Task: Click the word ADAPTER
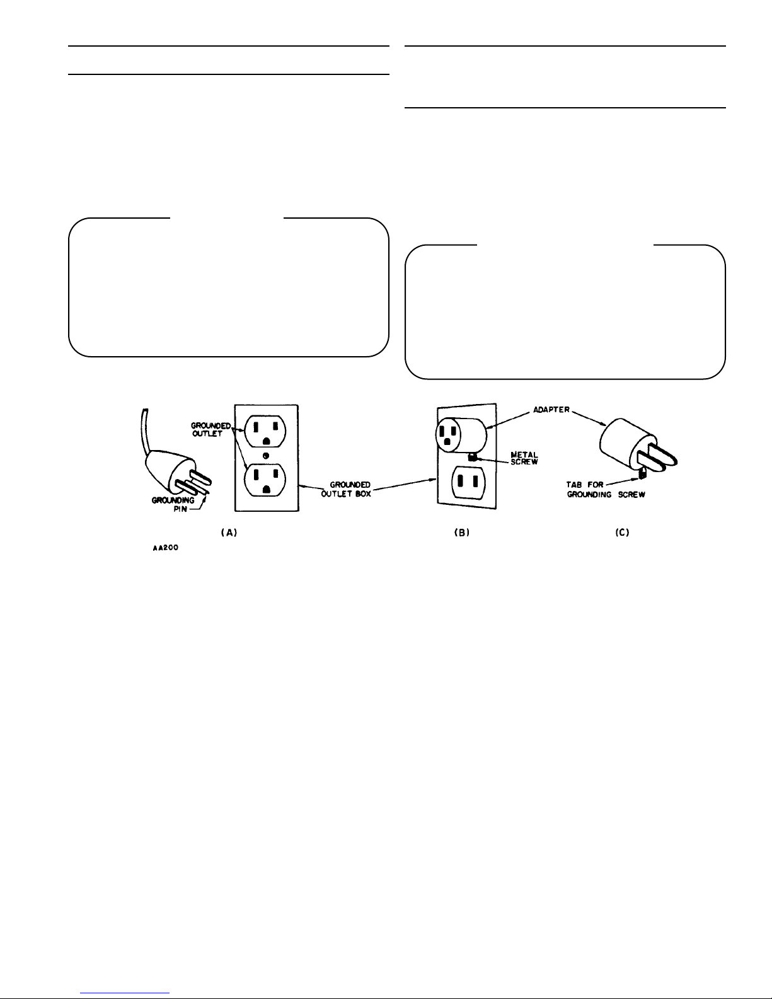tap(551, 410)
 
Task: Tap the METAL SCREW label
tap(524, 458)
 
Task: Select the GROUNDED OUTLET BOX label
tap(346, 489)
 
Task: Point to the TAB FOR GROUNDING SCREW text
tap(606, 490)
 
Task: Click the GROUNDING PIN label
tap(173, 504)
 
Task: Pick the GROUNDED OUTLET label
tap(210, 430)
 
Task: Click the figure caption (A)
tap(229, 533)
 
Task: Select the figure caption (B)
tap(462, 533)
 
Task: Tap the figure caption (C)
tap(622, 533)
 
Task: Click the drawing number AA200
tap(165, 548)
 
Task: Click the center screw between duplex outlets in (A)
tap(265, 456)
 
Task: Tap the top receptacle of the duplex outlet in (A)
tap(265, 431)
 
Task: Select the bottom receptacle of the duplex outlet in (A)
tap(265, 480)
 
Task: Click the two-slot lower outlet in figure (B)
tap(469, 482)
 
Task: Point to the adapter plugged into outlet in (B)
tap(461, 434)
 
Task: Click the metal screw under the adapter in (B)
tap(471, 457)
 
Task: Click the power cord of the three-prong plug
tap(145, 432)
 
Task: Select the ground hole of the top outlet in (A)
tap(265, 441)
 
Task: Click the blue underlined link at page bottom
tap(125, 993)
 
